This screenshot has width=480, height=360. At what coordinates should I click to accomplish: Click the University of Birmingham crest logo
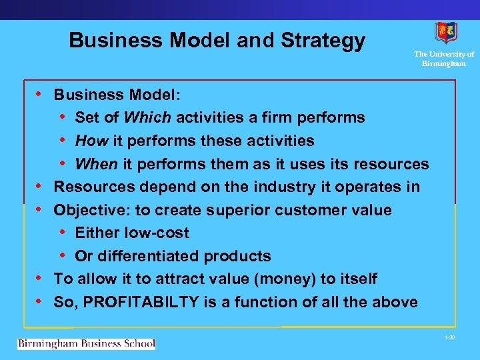point(445,33)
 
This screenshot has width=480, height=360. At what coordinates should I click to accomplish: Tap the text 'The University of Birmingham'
point(444,59)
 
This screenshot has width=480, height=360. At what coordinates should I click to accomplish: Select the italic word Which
point(147,118)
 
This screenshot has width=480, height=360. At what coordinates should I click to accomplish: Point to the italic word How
point(91,141)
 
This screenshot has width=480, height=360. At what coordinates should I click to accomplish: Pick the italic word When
point(96,164)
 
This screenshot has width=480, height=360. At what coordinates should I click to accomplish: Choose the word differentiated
point(147,256)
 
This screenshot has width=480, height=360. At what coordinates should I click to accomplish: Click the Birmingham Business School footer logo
point(86,344)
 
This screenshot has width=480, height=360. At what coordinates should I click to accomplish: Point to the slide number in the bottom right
point(449,339)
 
